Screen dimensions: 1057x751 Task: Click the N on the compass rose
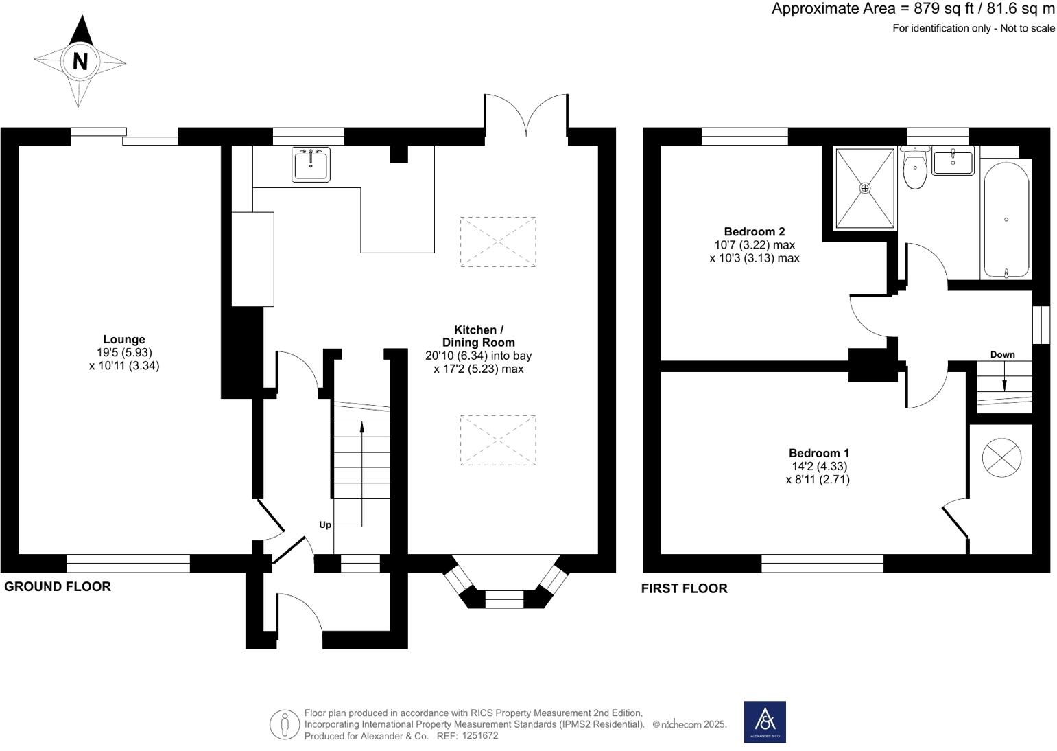(80, 61)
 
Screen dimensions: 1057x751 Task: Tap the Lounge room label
(124, 339)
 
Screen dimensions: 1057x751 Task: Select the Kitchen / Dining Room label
(479, 336)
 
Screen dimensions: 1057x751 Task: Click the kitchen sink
(311, 164)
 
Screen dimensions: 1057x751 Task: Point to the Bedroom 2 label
(755, 231)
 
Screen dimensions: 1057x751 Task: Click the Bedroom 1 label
(819, 453)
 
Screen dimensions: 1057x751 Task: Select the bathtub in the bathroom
(1006, 220)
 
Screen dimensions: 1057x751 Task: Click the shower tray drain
(865, 188)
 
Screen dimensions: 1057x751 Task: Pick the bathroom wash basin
(953, 161)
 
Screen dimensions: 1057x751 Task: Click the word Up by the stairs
(325, 525)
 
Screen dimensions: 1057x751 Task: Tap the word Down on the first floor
(1003, 354)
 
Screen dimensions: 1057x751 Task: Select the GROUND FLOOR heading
(58, 587)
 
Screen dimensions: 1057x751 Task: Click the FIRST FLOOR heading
(685, 588)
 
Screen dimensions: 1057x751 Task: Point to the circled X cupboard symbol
(1002, 458)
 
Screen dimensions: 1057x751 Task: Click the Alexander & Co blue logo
(765, 721)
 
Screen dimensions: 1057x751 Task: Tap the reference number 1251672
(480, 736)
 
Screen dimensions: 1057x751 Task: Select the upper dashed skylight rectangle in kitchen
(498, 242)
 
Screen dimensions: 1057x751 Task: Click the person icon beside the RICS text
(285, 724)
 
